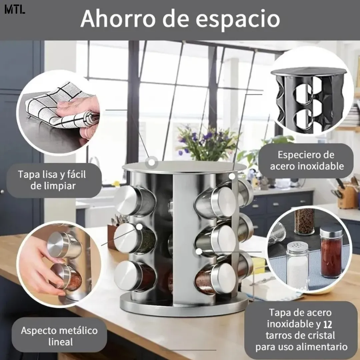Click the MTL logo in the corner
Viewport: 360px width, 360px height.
15,10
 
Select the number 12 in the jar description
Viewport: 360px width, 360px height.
328,324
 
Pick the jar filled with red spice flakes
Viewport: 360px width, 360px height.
331,251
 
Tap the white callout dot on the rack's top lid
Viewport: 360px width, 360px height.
152,162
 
